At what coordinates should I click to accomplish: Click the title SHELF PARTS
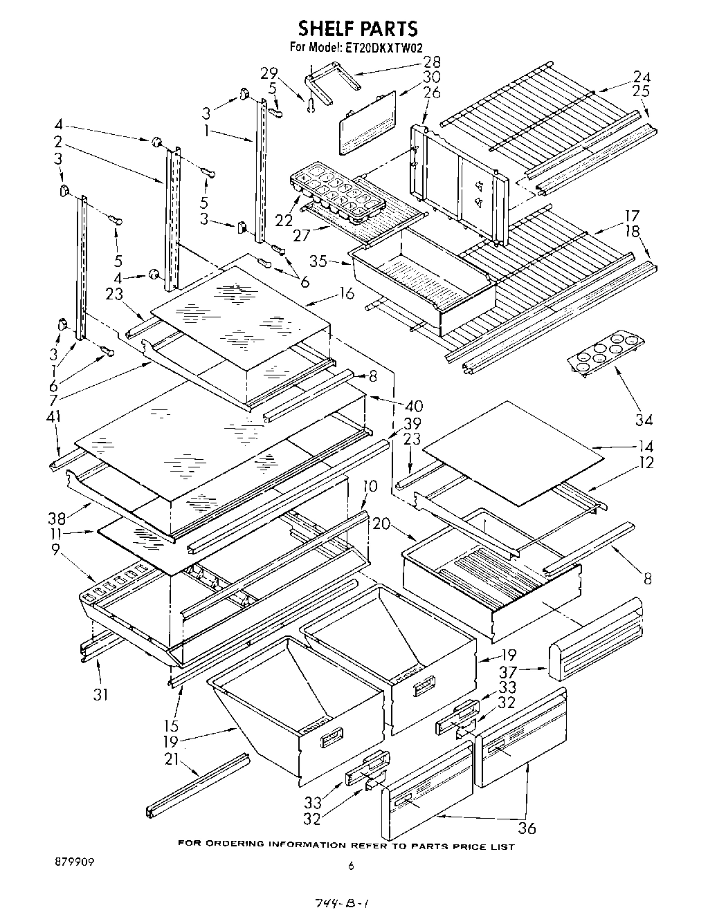coord(358,28)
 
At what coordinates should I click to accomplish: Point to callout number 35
coord(318,261)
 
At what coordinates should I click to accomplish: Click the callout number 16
coord(347,293)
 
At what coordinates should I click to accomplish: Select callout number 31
coord(101,694)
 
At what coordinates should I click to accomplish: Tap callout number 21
coord(171,759)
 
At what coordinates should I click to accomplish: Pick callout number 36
coord(527,828)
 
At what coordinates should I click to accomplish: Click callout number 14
coord(645,447)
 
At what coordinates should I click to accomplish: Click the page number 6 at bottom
coord(351,865)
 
